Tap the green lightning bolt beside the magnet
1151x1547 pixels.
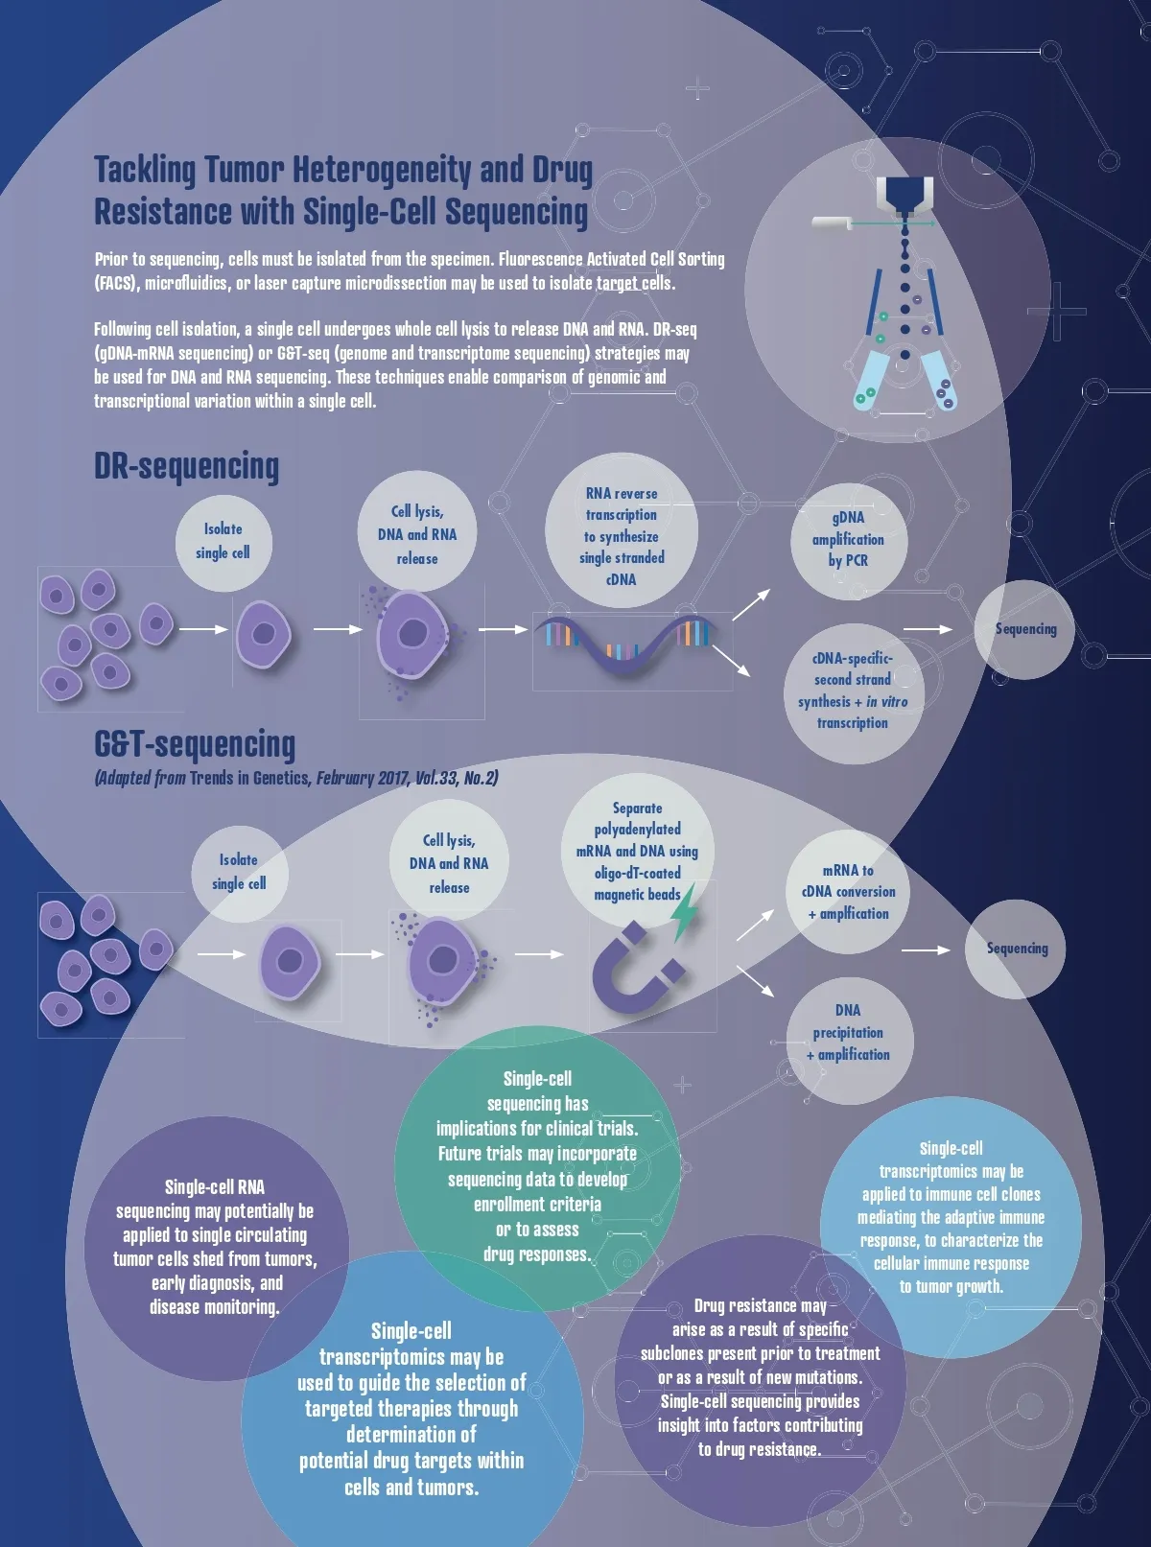684,914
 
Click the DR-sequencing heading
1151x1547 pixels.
186,466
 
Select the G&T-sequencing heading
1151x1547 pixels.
195,744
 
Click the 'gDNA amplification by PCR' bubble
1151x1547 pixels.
848,539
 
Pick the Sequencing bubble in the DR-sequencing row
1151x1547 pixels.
1024,629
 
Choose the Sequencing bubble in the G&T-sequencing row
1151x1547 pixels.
1016,949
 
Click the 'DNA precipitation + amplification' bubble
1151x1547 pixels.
848,1033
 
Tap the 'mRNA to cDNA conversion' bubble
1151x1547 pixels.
848,892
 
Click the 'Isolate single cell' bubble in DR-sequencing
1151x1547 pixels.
223,541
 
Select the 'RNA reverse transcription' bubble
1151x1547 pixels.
621,535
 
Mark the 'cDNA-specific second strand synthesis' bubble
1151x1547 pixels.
852,691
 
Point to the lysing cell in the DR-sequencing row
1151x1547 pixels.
412,635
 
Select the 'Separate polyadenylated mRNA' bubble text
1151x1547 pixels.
637,852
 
